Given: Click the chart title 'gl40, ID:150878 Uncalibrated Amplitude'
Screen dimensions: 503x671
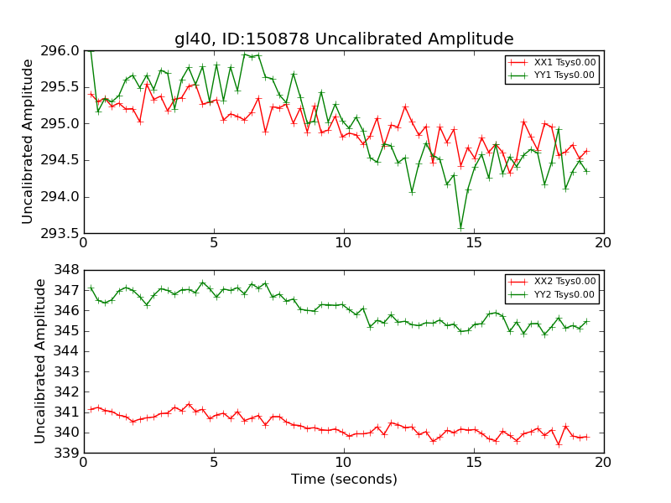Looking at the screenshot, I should click(344, 39).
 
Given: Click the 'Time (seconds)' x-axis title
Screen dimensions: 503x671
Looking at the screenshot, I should click(344, 480).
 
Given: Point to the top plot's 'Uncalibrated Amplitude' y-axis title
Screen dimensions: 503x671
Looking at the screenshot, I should click(29, 141).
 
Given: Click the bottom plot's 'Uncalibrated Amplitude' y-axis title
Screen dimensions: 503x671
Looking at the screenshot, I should click(41, 360).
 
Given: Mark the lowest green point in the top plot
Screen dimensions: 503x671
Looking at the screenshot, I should click(460, 227).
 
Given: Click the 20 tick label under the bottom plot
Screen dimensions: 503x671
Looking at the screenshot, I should click(604, 463).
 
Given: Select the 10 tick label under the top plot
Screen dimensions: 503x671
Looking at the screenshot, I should click(344, 243).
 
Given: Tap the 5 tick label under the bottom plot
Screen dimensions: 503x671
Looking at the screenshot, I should click(214, 463).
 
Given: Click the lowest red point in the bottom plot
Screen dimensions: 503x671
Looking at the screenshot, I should click(559, 444).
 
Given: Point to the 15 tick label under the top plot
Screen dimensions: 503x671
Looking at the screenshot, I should click(474, 243).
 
